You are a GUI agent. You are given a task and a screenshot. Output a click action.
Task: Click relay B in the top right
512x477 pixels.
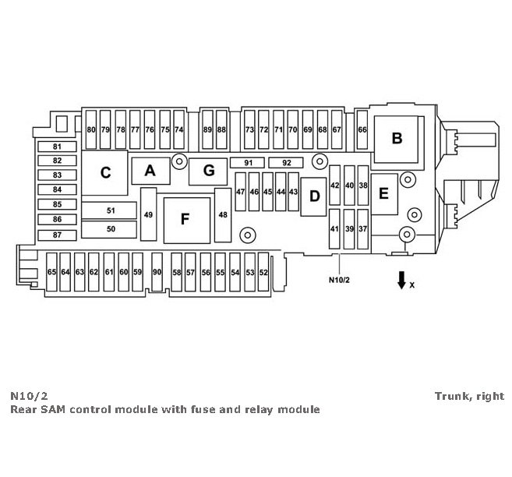pyautogui.click(x=397, y=139)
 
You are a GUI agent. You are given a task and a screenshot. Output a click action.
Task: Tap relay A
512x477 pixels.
pyautogui.click(x=150, y=170)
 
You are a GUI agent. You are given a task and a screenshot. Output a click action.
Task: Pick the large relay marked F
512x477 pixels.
pyautogui.click(x=185, y=219)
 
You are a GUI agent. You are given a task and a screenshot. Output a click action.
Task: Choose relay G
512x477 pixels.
pyautogui.click(x=208, y=170)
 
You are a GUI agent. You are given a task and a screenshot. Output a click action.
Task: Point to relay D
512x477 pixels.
pyautogui.click(x=314, y=196)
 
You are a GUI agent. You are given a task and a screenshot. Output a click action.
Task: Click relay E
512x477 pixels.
pyautogui.click(x=383, y=193)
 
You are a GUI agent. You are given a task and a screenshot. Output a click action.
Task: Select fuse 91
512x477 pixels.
pyautogui.click(x=249, y=162)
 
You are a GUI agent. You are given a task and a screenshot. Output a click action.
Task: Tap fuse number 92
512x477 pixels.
pyautogui.click(x=286, y=162)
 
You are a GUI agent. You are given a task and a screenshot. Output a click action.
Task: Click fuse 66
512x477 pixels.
pyautogui.click(x=362, y=130)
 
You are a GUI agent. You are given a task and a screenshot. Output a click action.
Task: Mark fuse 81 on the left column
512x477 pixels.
pyautogui.click(x=57, y=147)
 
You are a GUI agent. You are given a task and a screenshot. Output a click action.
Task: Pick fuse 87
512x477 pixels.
pyautogui.click(x=57, y=235)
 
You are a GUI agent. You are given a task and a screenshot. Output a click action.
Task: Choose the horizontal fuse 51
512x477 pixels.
pyautogui.click(x=110, y=210)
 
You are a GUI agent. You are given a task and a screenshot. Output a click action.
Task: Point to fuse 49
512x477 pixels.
pyautogui.click(x=148, y=214)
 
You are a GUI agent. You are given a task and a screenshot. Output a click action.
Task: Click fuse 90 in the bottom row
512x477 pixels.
pyautogui.click(x=157, y=272)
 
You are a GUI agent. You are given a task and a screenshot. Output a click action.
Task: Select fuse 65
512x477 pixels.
pyautogui.click(x=51, y=272)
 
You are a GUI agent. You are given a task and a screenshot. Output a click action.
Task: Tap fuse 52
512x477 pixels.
pyautogui.click(x=263, y=272)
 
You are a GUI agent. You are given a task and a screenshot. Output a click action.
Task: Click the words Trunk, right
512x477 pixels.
pyautogui.click(x=469, y=396)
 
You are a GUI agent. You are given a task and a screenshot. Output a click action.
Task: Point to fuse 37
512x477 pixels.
pyautogui.click(x=363, y=229)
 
